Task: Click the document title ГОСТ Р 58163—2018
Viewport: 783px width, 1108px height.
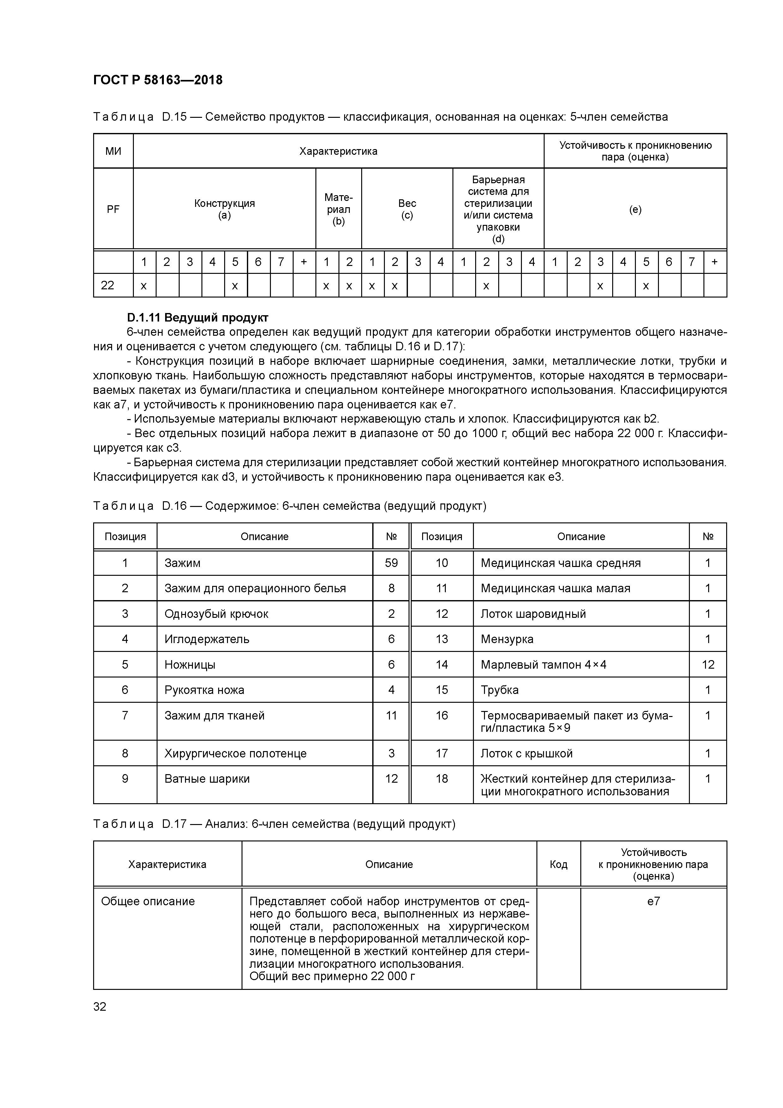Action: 158,80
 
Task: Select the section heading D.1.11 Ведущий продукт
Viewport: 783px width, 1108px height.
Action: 197,317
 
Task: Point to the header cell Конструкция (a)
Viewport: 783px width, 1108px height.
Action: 224,209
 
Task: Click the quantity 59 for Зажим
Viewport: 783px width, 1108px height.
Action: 391,563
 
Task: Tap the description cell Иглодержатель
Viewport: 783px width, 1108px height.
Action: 207,639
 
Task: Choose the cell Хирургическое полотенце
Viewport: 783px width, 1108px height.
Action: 236,753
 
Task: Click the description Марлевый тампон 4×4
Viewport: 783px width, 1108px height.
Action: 543,665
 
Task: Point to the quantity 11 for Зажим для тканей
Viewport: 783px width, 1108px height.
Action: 391,715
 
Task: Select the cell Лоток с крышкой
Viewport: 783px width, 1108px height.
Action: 526,753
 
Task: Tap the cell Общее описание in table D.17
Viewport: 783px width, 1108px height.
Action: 148,901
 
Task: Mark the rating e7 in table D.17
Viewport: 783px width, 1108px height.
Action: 653,901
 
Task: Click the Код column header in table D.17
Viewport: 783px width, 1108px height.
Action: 558,864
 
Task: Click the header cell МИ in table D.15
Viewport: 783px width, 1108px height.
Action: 113,151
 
